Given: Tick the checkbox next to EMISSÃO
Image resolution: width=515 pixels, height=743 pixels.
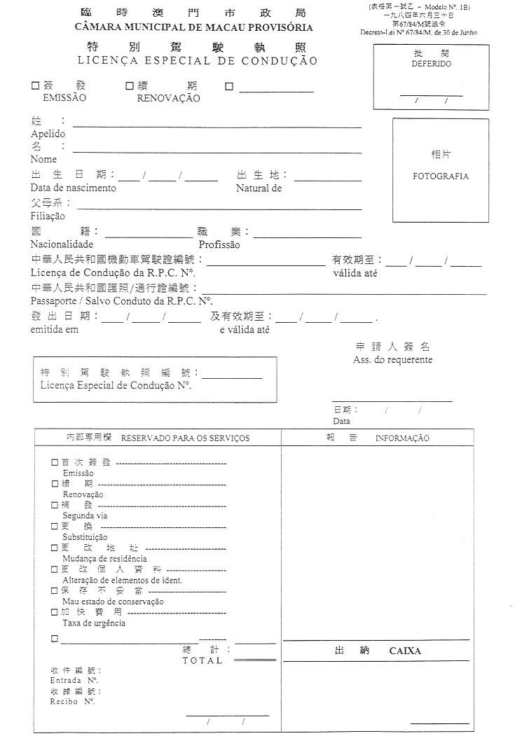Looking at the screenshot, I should click(x=35, y=86).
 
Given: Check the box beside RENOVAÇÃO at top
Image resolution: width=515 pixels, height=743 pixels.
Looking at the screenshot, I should click(x=130, y=86).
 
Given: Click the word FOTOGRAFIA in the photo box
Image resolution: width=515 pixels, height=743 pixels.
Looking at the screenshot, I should click(x=441, y=176).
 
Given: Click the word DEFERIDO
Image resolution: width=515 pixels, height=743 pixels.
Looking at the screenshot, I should click(x=431, y=64).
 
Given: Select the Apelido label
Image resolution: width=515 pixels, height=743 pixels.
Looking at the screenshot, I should click(x=48, y=134).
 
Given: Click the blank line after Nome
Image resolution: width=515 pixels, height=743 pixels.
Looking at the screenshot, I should click(x=217, y=152).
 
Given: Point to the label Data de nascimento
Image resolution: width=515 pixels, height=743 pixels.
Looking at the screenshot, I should click(x=74, y=188).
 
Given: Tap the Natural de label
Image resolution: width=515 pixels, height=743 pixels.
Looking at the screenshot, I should click(x=259, y=188).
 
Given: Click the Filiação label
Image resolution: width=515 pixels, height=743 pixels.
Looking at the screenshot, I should click(x=48, y=216).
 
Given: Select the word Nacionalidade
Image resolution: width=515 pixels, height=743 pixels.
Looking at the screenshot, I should click(x=62, y=245).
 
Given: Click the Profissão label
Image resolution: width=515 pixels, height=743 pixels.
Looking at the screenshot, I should click(x=219, y=245).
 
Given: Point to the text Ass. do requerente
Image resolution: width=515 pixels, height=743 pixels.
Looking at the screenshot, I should click(x=392, y=360).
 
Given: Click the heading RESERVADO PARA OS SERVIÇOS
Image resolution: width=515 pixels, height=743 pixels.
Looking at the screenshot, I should click(x=185, y=438).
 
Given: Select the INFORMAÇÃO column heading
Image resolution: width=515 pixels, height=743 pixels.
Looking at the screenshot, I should click(x=402, y=438).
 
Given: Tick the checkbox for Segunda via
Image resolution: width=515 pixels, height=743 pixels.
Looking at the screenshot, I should click(x=55, y=504).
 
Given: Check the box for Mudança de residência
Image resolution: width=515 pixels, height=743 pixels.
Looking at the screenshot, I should click(x=55, y=548).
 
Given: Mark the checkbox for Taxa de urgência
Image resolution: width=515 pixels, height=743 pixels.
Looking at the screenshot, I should click(x=55, y=612).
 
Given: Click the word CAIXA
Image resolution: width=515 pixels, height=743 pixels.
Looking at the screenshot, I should click(x=405, y=651).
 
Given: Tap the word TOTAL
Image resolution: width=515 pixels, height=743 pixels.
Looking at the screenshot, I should click(x=202, y=660).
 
